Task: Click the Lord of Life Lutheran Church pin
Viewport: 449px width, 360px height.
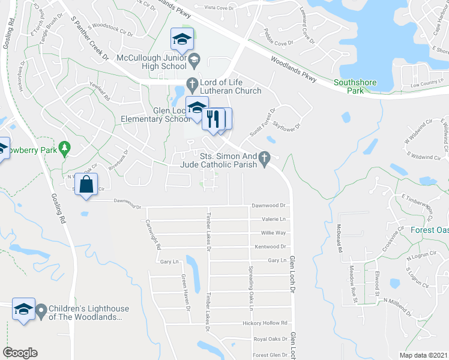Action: click(193, 83)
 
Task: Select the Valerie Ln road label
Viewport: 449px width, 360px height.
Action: click(273, 220)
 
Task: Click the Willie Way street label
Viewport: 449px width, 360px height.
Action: click(273, 233)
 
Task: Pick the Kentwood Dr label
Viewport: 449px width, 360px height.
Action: click(269, 247)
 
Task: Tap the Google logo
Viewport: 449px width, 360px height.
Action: click(20, 353)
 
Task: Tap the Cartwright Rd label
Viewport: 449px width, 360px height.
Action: click(153, 235)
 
